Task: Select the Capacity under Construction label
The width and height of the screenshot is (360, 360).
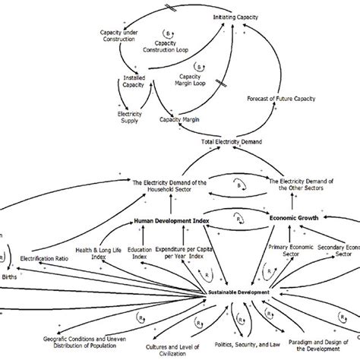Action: coord(122,36)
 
